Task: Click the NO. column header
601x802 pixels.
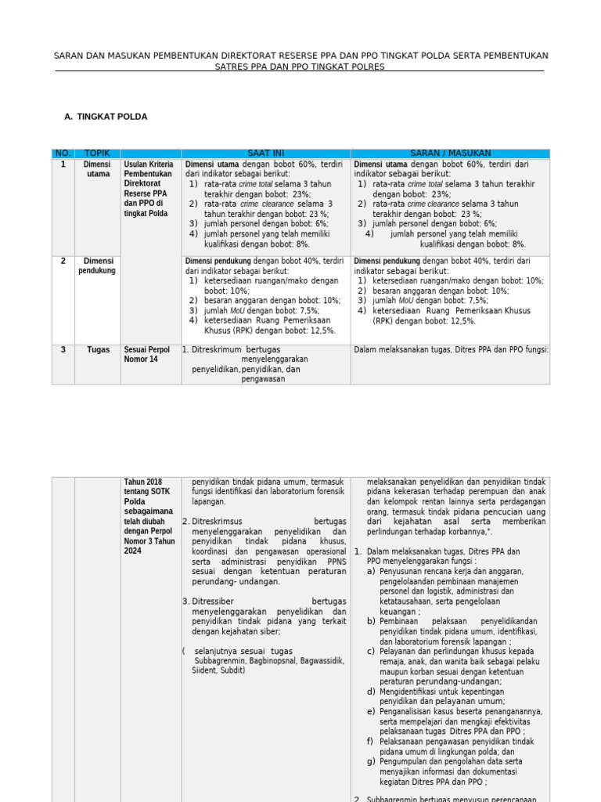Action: click(x=63, y=154)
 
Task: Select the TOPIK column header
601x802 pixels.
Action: click(x=98, y=154)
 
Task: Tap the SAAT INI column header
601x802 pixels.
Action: click(x=266, y=154)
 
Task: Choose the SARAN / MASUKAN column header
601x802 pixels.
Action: click(x=450, y=154)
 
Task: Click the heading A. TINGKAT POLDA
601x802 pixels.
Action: click(x=106, y=117)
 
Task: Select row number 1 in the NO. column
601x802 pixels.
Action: click(x=63, y=165)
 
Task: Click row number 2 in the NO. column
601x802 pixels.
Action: click(x=63, y=262)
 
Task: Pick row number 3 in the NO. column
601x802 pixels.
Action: click(x=63, y=350)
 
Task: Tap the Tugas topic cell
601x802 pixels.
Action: click(x=98, y=350)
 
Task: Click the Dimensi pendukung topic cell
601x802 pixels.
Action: click(x=98, y=266)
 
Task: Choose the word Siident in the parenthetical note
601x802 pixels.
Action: click(x=206, y=670)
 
